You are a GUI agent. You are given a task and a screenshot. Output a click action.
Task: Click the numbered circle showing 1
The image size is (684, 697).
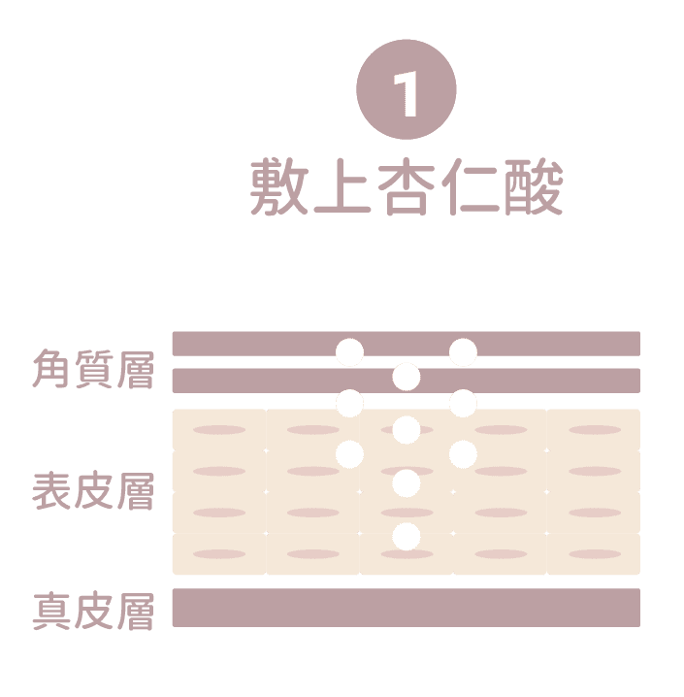407,94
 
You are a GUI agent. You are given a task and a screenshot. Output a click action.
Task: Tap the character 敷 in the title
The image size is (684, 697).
279,187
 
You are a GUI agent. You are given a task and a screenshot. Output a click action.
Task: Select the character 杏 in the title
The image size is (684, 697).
407,187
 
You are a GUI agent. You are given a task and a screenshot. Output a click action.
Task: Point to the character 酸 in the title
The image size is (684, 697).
533,187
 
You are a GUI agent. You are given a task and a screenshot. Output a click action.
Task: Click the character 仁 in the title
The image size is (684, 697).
470,187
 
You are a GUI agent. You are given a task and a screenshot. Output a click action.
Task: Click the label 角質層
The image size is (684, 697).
93,370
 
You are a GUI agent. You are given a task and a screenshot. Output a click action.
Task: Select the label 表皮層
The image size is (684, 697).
93,491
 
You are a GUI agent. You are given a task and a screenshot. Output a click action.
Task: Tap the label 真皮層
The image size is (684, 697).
93,613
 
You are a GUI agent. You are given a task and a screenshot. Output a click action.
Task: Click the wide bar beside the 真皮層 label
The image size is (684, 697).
406,607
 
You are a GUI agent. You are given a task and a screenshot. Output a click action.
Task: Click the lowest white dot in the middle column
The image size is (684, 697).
407,535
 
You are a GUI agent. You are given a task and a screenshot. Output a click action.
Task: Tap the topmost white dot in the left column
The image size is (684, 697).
350,351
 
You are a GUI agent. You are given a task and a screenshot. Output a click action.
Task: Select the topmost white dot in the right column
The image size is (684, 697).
463,351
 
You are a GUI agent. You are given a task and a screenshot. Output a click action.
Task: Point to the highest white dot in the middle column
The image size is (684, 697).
407,376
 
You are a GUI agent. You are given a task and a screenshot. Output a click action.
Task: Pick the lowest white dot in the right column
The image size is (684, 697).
463,452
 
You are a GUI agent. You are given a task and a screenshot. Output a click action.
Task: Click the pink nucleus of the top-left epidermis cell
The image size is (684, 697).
219,430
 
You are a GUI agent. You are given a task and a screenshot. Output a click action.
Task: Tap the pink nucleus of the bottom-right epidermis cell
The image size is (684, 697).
595,554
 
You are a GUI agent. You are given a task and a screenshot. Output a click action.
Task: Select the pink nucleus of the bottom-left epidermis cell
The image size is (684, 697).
219,554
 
